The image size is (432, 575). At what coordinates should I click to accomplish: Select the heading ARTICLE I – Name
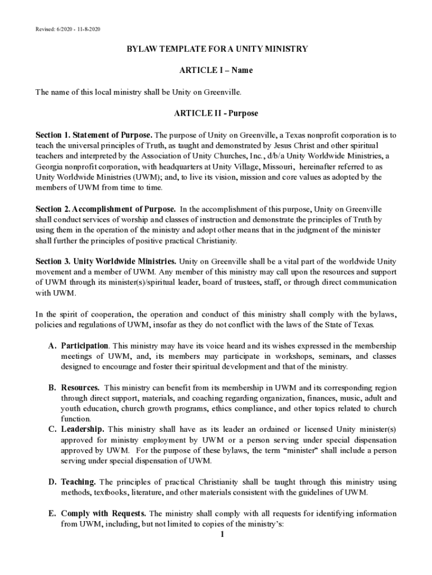(216, 70)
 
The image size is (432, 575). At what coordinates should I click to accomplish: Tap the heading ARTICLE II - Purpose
(216, 113)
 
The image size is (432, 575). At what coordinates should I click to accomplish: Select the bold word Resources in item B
(80, 388)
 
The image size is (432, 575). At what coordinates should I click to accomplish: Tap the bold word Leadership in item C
(82, 430)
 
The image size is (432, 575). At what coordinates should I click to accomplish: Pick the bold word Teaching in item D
(78, 482)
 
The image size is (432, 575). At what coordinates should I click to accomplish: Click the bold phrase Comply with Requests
(104, 514)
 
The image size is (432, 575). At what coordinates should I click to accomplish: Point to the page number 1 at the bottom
(222, 534)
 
